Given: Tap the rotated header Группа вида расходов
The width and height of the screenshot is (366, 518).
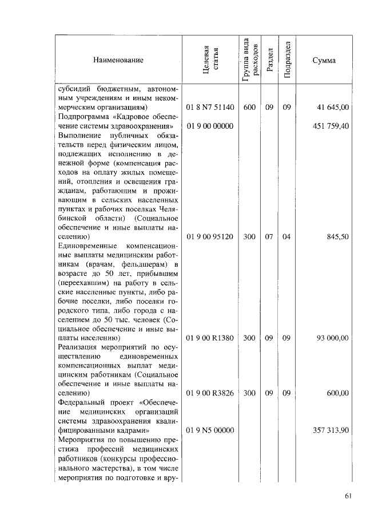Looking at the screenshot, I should [x=249, y=60].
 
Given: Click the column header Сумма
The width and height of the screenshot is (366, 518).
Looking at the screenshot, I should [x=324, y=60].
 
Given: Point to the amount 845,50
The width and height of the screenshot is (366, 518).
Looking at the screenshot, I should [x=337, y=236].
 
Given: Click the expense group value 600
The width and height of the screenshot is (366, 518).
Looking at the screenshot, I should [x=249, y=107].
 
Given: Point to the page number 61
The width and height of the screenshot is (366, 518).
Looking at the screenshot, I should [x=348, y=496].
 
